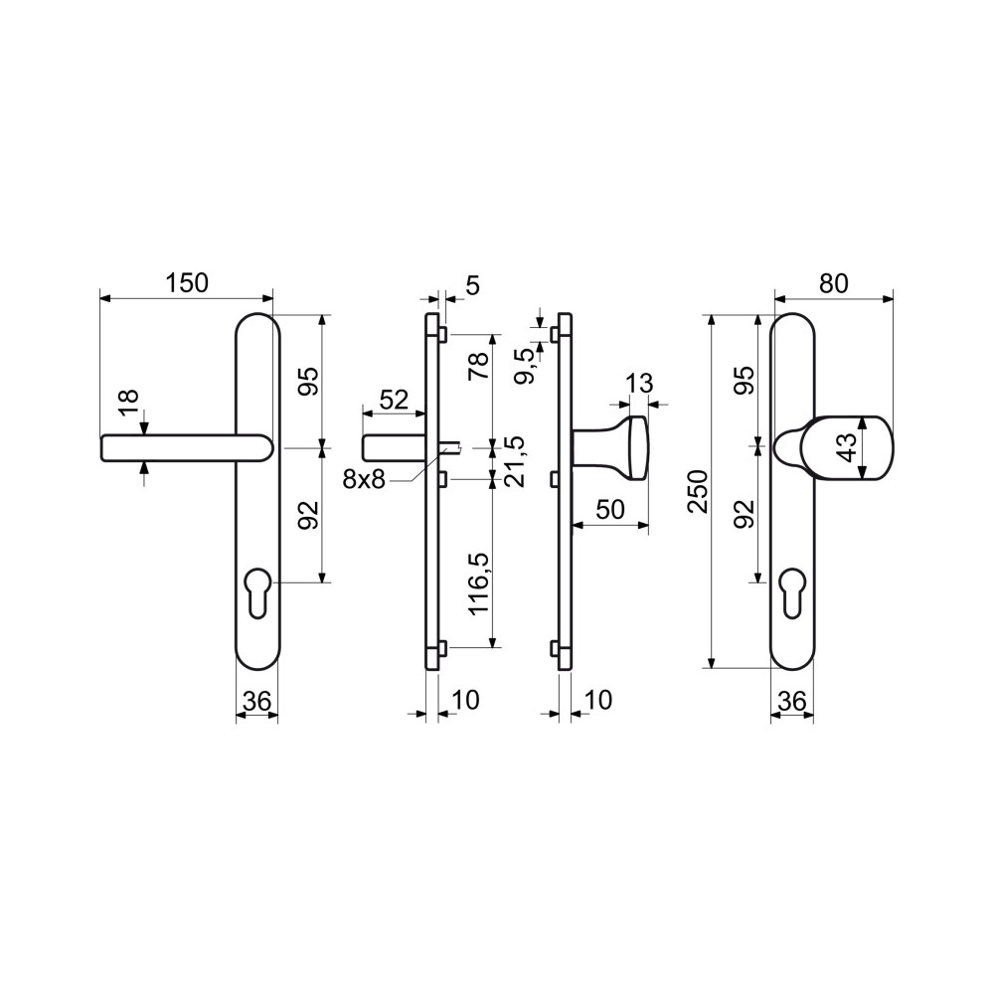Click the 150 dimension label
(187, 282)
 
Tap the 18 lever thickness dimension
(128, 403)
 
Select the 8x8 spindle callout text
(364, 480)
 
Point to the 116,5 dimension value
(479, 583)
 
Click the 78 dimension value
(479, 365)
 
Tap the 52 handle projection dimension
(393, 400)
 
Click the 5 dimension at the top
(473, 285)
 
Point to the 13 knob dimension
(639, 384)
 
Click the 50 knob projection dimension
(610, 509)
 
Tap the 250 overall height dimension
(698, 491)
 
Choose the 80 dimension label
(834, 284)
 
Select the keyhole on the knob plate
(792, 590)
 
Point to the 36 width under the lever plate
(257, 702)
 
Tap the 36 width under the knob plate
(792, 702)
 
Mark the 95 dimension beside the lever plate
(310, 381)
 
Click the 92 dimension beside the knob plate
(746, 514)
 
